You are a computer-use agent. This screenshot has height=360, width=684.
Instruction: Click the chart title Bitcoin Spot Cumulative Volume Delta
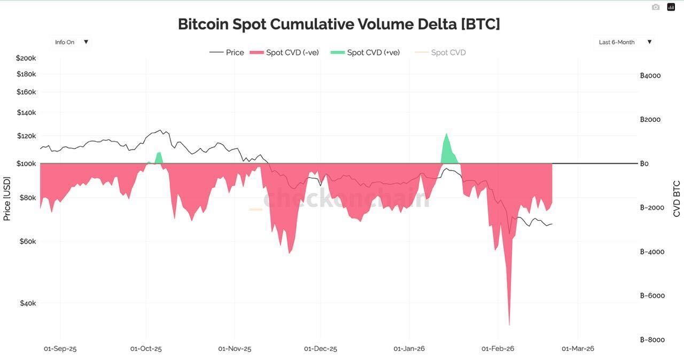pyautogui.click(x=339, y=24)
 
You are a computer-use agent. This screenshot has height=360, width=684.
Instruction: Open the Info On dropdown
pyautogui.click(x=71, y=42)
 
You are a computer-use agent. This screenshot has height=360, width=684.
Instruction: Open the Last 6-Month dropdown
pyautogui.click(x=624, y=42)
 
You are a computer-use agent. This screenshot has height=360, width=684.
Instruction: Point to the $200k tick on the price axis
pyautogui.click(x=26, y=58)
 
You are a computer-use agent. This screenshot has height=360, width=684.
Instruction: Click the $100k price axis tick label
pyautogui.click(x=26, y=163)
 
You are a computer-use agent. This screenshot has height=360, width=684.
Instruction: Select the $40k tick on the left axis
pyautogui.click(x=28, y=303)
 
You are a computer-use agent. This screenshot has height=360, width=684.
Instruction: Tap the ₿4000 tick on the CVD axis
pyautogui.click(x=650, y=76)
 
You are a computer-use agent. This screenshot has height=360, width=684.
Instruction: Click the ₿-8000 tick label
pyautogui.click(x=652, y=340)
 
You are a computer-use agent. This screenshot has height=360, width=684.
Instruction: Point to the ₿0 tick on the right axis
pyautogui.click(x=644, y=163)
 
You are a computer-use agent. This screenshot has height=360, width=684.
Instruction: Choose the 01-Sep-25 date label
pyautogui.click(x=60, y=349)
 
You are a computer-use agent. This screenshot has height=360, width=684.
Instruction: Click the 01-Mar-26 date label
pyautogui.click(x=578, y=349)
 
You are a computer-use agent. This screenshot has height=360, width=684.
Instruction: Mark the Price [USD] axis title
pyautogui.click(x=7, y=199)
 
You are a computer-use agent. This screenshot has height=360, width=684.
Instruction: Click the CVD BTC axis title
pyautogui.click(x=677, y=199)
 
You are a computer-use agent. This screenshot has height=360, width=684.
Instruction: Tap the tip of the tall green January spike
pyautogui.click(x=447, y=134)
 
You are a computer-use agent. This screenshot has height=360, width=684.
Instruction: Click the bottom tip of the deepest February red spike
pyautogui.click(x=509, y=324)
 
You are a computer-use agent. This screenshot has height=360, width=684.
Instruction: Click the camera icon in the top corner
pyautogui.click(x=656, y=7)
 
